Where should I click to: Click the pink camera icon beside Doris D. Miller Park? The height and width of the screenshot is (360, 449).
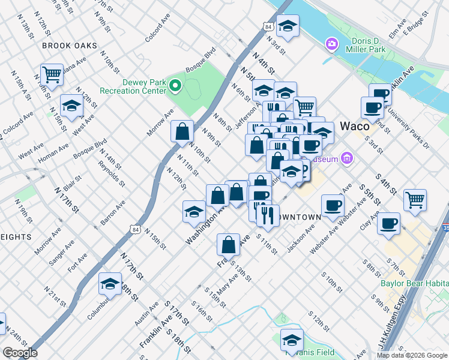click(330, 44)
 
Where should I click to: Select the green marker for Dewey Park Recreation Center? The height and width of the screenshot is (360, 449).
click(175, 86)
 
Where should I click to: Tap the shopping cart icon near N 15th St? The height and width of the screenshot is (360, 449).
click(52, 75)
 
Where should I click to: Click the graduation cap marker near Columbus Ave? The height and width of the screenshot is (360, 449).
click(110, 284)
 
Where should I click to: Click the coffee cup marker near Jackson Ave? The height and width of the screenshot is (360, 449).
click(333, 206)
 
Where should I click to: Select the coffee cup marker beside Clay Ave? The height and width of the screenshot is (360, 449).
click(389, 223)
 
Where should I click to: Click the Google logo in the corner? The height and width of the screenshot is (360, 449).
click(20, 353)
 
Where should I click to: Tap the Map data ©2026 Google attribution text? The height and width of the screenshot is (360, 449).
click(412, 355)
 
